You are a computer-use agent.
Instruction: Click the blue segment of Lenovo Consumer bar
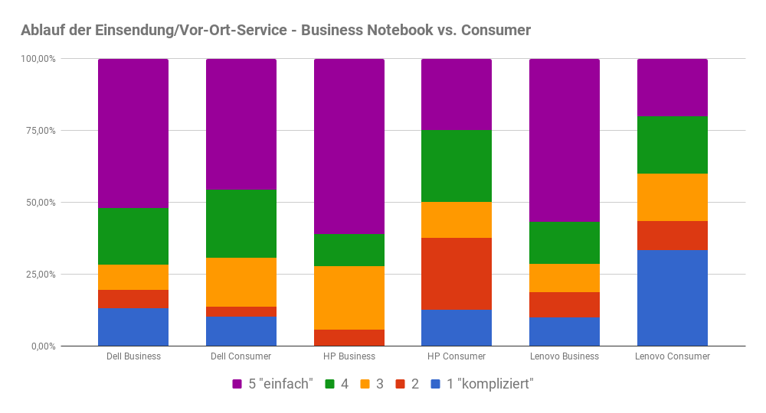[x=672, y=298]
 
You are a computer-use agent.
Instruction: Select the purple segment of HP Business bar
[x=349, y=146]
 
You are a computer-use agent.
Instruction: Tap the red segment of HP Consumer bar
[x=457, y=274]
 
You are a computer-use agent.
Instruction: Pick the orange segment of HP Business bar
[x=349, y=298]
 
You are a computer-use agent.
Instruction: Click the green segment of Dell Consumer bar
[x=241, y=223]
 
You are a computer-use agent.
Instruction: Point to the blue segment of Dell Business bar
[x=133, y=327]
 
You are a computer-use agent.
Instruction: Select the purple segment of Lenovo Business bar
[x=565, y=140]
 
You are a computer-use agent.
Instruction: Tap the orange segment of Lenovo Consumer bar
[x=672, y=197]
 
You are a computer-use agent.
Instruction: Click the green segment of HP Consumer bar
[x=457, y=166]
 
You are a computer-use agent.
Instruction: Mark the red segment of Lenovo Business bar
[x=565, y=304]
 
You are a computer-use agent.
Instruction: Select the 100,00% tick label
[x=38, y=59]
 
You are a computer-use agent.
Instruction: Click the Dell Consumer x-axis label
[x=241, y=356]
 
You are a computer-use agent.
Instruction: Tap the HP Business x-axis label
[x=349, y=356]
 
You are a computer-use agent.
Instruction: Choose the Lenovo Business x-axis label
[x=565, y=356]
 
